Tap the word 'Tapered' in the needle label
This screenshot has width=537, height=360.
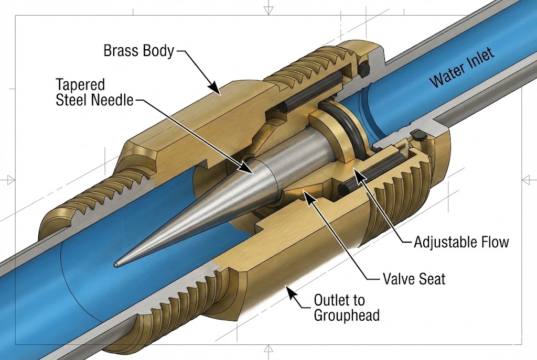pyautogui.click(x=80, y=84)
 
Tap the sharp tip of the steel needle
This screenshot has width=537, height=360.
pyautogui.click(x=117, y=264)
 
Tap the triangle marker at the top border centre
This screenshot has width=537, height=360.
pyautogui.click(x=268, y=9)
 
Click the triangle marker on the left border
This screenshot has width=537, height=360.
pyautogui.click(x=9, y=180)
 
